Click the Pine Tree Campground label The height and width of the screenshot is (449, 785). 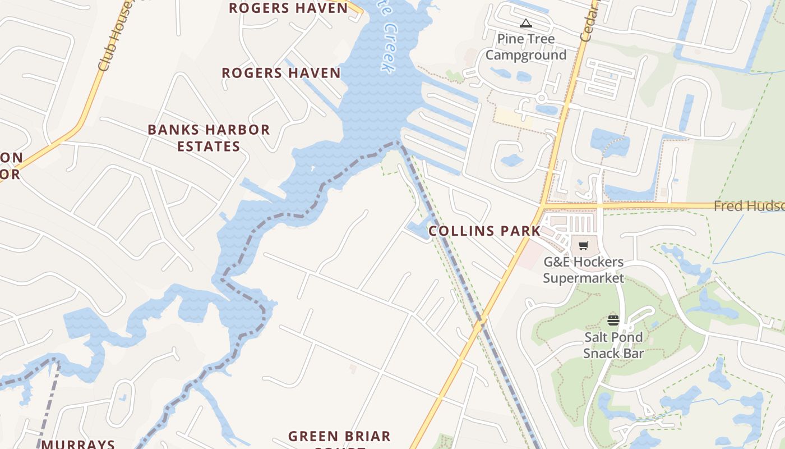[526, 47]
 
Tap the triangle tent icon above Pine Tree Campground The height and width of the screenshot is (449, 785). [525, 24]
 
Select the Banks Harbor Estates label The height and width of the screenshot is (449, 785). [209, 138]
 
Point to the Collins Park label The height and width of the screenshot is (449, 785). [484, 231]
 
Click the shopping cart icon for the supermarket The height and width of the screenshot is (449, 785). [584, 245]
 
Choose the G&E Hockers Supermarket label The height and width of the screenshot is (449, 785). [583, 270]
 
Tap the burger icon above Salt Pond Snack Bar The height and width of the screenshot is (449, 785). [613, 320]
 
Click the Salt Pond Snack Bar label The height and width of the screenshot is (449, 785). [613, 345]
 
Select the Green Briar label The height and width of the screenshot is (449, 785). [339, 437]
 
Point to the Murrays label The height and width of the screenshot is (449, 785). [78, 444]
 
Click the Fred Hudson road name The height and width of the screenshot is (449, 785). [749, 206]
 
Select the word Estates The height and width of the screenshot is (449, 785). [209, 146]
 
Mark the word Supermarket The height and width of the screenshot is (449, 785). [583, 278]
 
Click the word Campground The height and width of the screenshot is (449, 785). [526, 55]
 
